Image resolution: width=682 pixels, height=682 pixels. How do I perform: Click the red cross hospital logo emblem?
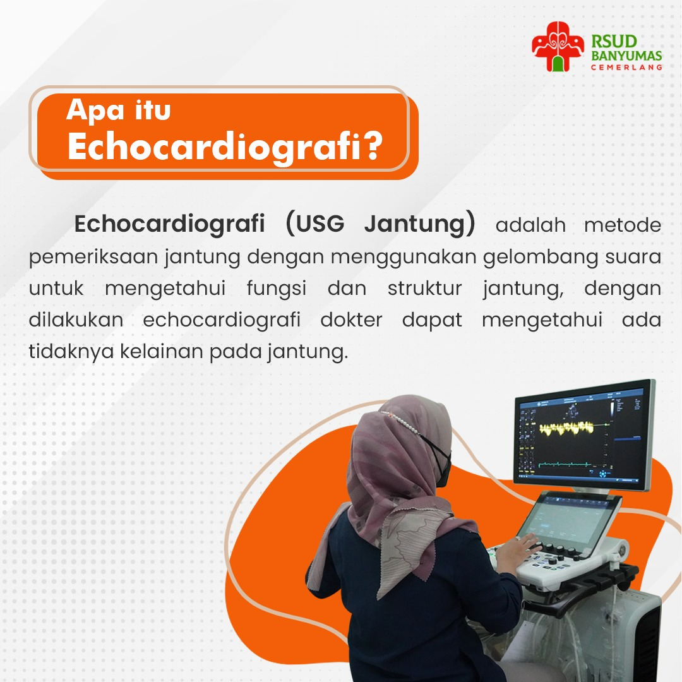(x=558, y=47)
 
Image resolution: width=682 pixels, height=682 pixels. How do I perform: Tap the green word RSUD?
(x=614, y=42)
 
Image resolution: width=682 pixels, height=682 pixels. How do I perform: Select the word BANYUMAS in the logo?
(x=626, y=56)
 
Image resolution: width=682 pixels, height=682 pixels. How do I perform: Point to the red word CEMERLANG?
(x=626, y=68)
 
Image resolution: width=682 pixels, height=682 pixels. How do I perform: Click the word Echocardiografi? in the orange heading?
(x=225, y=147)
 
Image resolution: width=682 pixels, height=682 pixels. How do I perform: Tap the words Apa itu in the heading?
(x=118, y=110)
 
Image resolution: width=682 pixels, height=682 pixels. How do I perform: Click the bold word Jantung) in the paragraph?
(x=420, y=224)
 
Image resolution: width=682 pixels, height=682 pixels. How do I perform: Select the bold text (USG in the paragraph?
(x=315, y=224)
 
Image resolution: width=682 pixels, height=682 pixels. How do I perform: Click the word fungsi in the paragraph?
(x=277, y=289)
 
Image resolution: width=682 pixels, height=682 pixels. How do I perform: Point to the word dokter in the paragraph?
(x=351, y=320)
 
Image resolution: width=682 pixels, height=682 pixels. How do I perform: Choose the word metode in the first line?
(x=623, y=225)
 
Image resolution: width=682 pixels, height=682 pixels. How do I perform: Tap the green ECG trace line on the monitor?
(x=565, y=465)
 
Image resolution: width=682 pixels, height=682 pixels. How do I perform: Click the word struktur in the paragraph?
(x=424, y=289)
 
